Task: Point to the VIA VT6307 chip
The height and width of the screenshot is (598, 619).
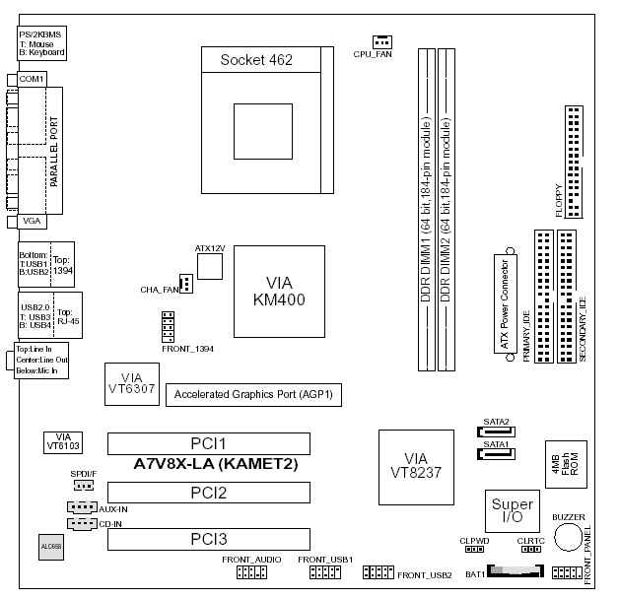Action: tap(131, 385)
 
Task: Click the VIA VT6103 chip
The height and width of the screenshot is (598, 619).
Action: tap(64, 440)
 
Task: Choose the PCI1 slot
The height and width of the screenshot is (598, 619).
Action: tap(208, 443)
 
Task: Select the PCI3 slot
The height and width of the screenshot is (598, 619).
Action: tap(208, 539)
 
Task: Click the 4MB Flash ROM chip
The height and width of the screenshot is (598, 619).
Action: tap(564, 463)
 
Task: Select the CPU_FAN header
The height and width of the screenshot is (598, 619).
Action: tap(382, 41)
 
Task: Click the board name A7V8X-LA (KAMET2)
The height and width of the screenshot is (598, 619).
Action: tap(216, 462)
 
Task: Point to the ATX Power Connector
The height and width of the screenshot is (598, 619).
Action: tap(505, 305)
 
